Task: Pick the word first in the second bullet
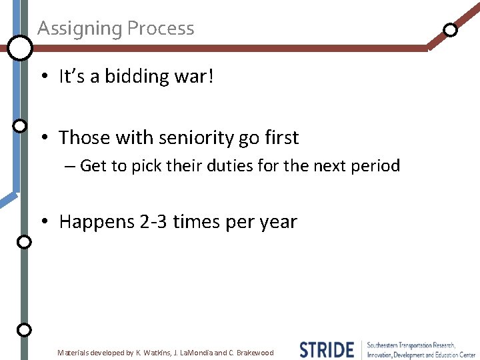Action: pos(280,138)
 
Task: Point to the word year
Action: pos(276,222)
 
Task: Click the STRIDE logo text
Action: pos(327,350)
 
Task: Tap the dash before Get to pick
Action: pos(71,166)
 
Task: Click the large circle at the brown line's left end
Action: pos(20,47)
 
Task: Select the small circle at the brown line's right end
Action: pos(451,29)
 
